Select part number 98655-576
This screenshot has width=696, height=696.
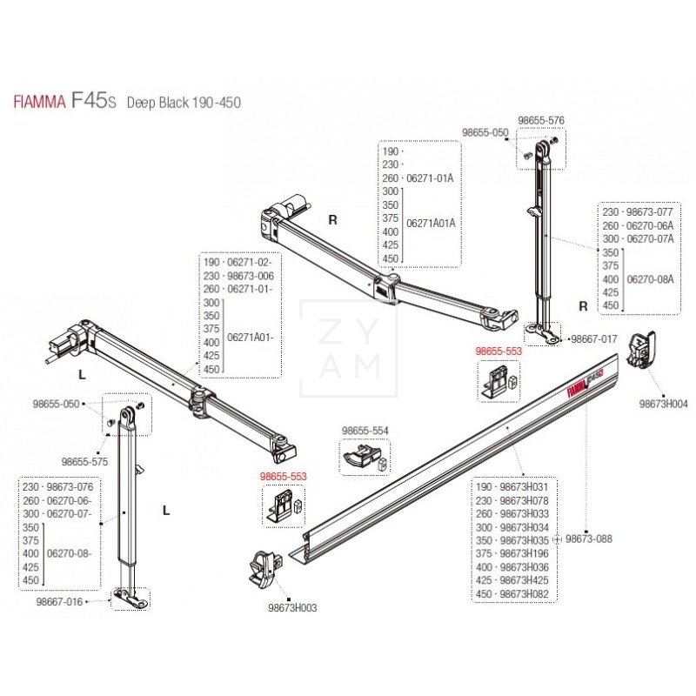pos(541,121)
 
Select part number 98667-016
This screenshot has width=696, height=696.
pos(84,600)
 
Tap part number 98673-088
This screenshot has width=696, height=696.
pos(589,539)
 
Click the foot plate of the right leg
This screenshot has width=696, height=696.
pos(542,333)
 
